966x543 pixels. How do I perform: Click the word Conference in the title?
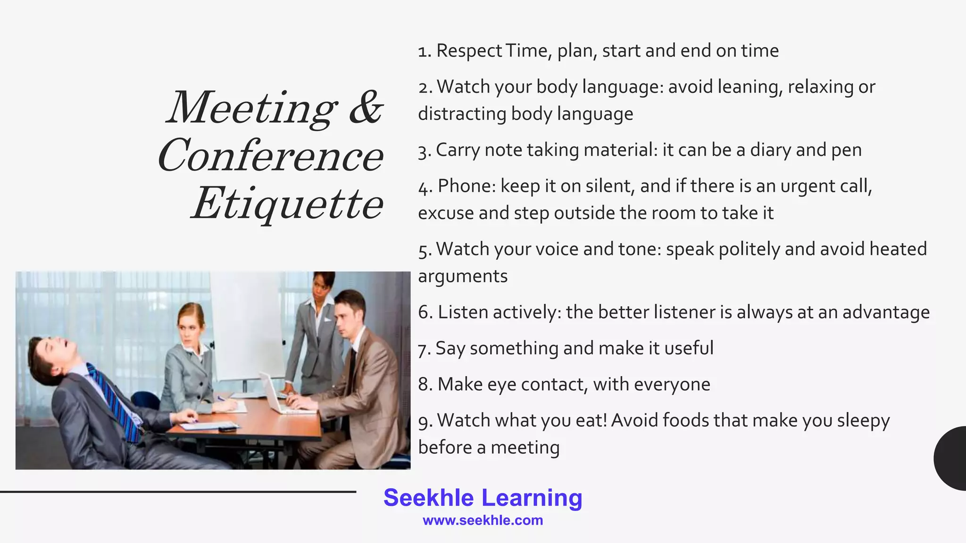(271, 156)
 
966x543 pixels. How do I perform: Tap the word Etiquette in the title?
(288, 204)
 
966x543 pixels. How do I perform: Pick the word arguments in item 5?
(463, 276)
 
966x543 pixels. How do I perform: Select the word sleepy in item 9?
(863, 420)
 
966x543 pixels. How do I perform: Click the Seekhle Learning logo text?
(483, 498)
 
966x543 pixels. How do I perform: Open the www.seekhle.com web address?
(483, 520)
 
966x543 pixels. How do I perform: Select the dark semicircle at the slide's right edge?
(951, 458)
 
